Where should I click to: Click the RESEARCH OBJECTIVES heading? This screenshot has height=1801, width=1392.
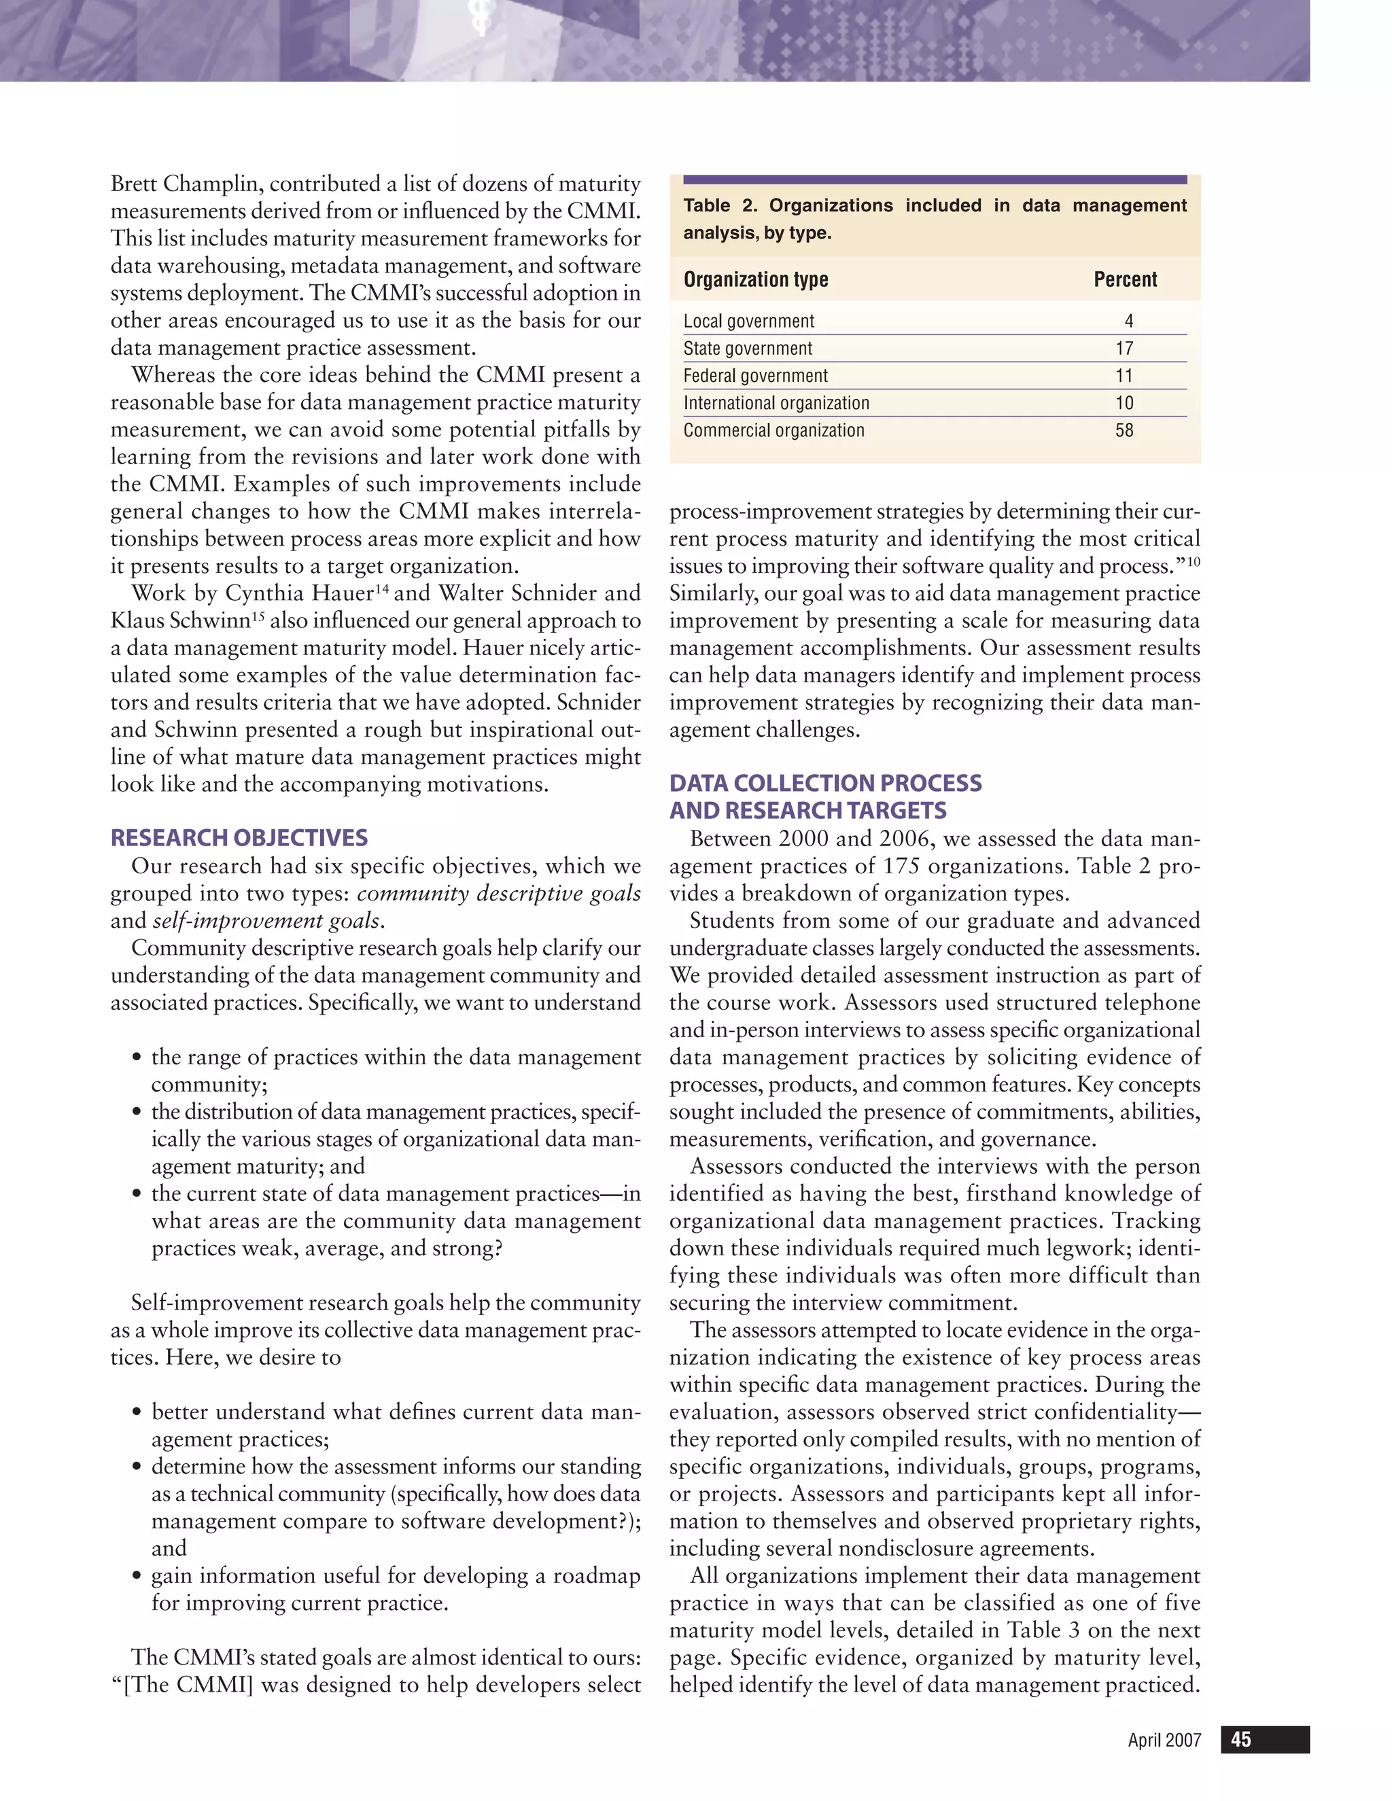[x=239, y=838]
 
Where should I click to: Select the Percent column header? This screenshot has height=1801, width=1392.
[x=1125, y=279]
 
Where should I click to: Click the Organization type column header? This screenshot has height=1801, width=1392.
[x=755, y=279]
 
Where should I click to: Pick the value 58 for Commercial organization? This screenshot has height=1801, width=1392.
[x=1124, y=430]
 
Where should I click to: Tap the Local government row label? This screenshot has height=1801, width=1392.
[x=748, y=321]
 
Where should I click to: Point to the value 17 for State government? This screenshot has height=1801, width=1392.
[x=1124, y=349]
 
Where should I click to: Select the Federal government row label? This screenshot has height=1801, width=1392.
[x=754, y=376]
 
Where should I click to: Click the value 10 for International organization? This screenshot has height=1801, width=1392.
[x=1124, y=403]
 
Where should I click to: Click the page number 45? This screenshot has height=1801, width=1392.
[x=1240, y=1740]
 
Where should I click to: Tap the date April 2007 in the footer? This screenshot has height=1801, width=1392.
[x=1164, y=1741]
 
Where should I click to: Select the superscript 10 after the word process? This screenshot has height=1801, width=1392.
[x=1194, y=561]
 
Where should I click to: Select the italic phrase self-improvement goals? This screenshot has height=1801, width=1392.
[x=266, y=920]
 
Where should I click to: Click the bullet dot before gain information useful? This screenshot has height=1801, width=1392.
[x=136, y=1577]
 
